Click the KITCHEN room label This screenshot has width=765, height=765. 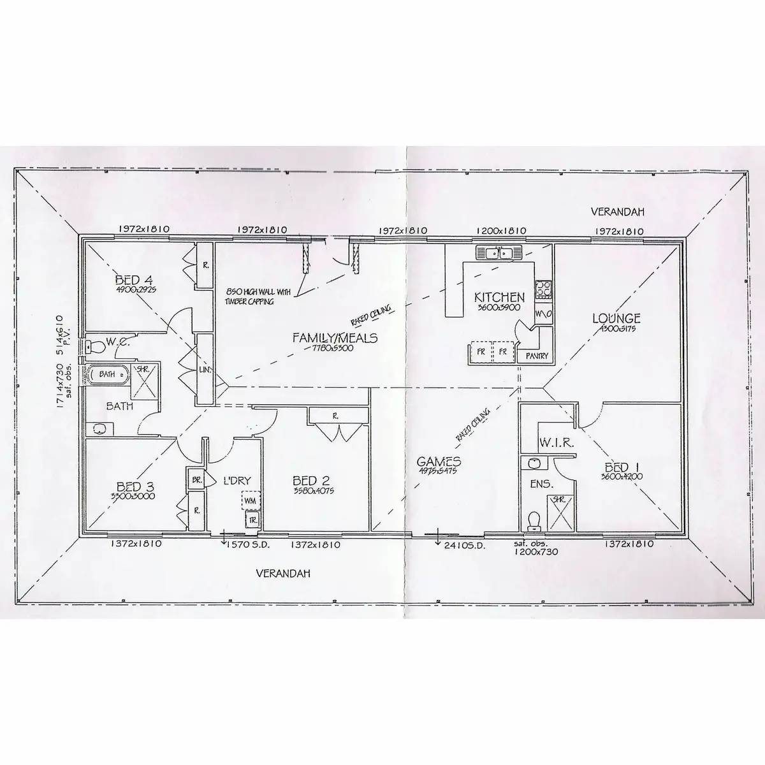point(499,297)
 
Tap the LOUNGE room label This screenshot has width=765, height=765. point(616,318)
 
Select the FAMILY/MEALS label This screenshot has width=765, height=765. point(335,338)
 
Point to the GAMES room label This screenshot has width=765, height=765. point(439,462)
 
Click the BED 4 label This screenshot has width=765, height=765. point(136,280)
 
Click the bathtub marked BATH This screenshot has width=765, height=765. point(107,374)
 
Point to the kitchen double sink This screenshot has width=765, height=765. point(499,254)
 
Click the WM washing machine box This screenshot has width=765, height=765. point(250,500)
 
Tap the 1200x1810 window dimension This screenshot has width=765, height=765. point(499,231)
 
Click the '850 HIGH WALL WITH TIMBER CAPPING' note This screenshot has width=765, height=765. point(257,296)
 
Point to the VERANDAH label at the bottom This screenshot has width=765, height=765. point(283,573)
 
